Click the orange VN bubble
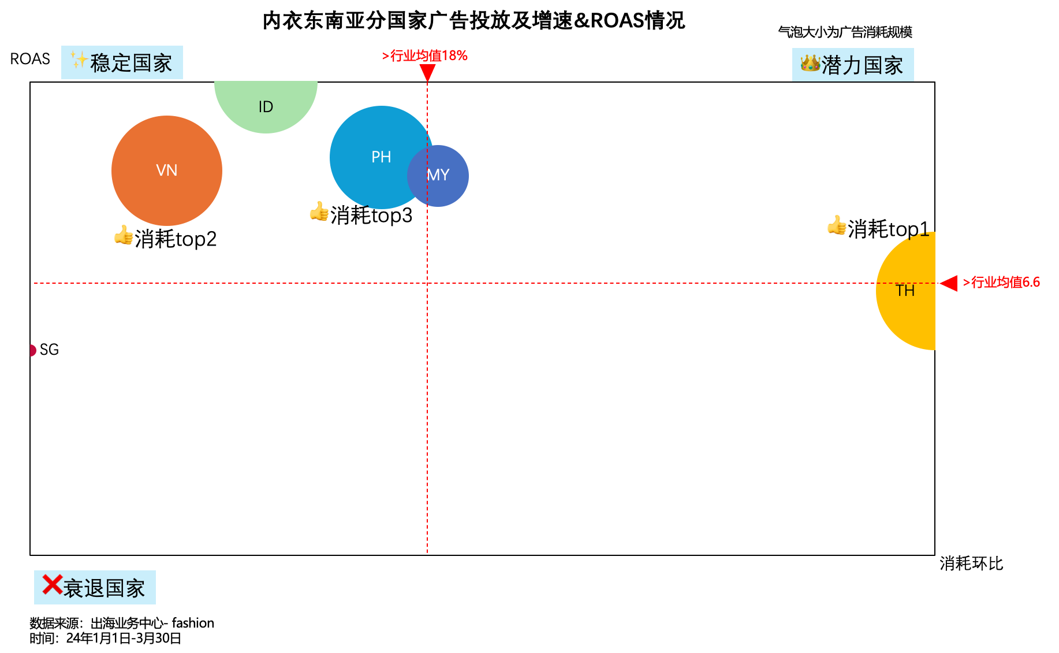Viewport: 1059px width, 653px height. pyautogui.click(x=166, y=170)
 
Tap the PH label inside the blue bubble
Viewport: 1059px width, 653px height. pyautogui.click(x=381, y=157)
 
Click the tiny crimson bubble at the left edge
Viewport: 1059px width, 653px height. pyautogui.click(x=33, y=350)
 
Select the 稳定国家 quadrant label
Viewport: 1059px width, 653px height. pyautogui.click(x=122, y=62)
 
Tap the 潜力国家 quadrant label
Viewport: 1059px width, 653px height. pyautogui.click(x=853, y=65)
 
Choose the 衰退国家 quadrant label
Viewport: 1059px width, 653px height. pyautogui.click(x=95, y=588)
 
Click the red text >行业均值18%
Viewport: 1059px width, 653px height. pyautogui.click(x=424, y=55)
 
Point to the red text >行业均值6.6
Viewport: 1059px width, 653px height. pyautogui.click(x=1001, y=282)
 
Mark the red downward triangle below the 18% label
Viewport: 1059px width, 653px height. pyautogui.click(x=427, y=72)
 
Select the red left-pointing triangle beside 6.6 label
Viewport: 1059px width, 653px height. pyautogui.click(x=949, y=283)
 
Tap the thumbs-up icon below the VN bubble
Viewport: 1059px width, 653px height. pyautogui.click(x=124, y=235)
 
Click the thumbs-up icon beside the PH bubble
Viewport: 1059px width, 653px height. pyautogui.click(x=319, y=212)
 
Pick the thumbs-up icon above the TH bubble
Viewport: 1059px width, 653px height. pyautogui.click(x=837, y=225)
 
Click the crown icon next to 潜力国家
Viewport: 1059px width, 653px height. pyautogui.click(x=810, y=63)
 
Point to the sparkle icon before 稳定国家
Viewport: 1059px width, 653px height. pyautogui.click(x=79, y=60)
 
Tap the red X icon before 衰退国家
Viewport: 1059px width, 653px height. pyautogui.click(x=52, y=585)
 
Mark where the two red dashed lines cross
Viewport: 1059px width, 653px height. pyautogui.click(x=427, y=283)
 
